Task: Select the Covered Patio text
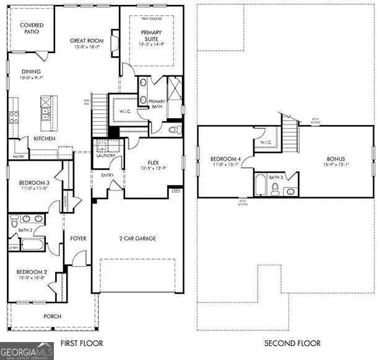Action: (x=31, y=28)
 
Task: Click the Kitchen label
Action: (x=45, y=139)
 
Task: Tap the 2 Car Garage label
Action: (x=137, y=238)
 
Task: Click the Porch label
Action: (x=53, y=316)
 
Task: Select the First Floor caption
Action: (x=81, y=343)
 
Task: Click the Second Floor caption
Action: (x=292, y=343)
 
